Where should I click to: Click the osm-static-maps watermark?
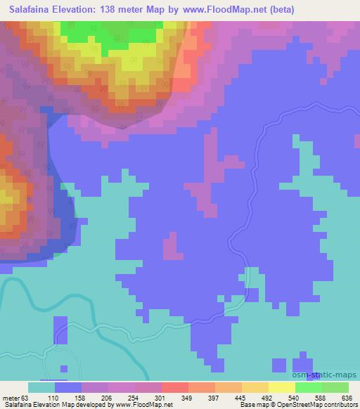[x=319, y=186]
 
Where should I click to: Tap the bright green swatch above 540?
[x=308, y=387]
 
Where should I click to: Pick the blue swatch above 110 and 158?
[x=68, y=387]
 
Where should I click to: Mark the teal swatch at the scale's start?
[x=41, y=387]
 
